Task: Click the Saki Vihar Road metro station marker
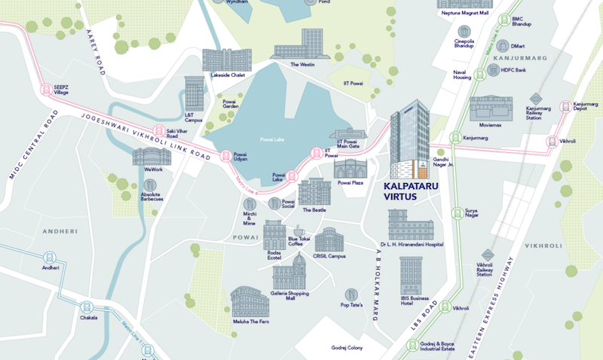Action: point(159,131)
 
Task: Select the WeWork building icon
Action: point(147,156)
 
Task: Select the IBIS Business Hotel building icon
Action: point(412,275)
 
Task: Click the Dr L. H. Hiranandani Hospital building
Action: point(411,224)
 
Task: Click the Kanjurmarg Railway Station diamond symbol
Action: point(534,97)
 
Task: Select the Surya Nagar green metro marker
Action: point(455,212)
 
